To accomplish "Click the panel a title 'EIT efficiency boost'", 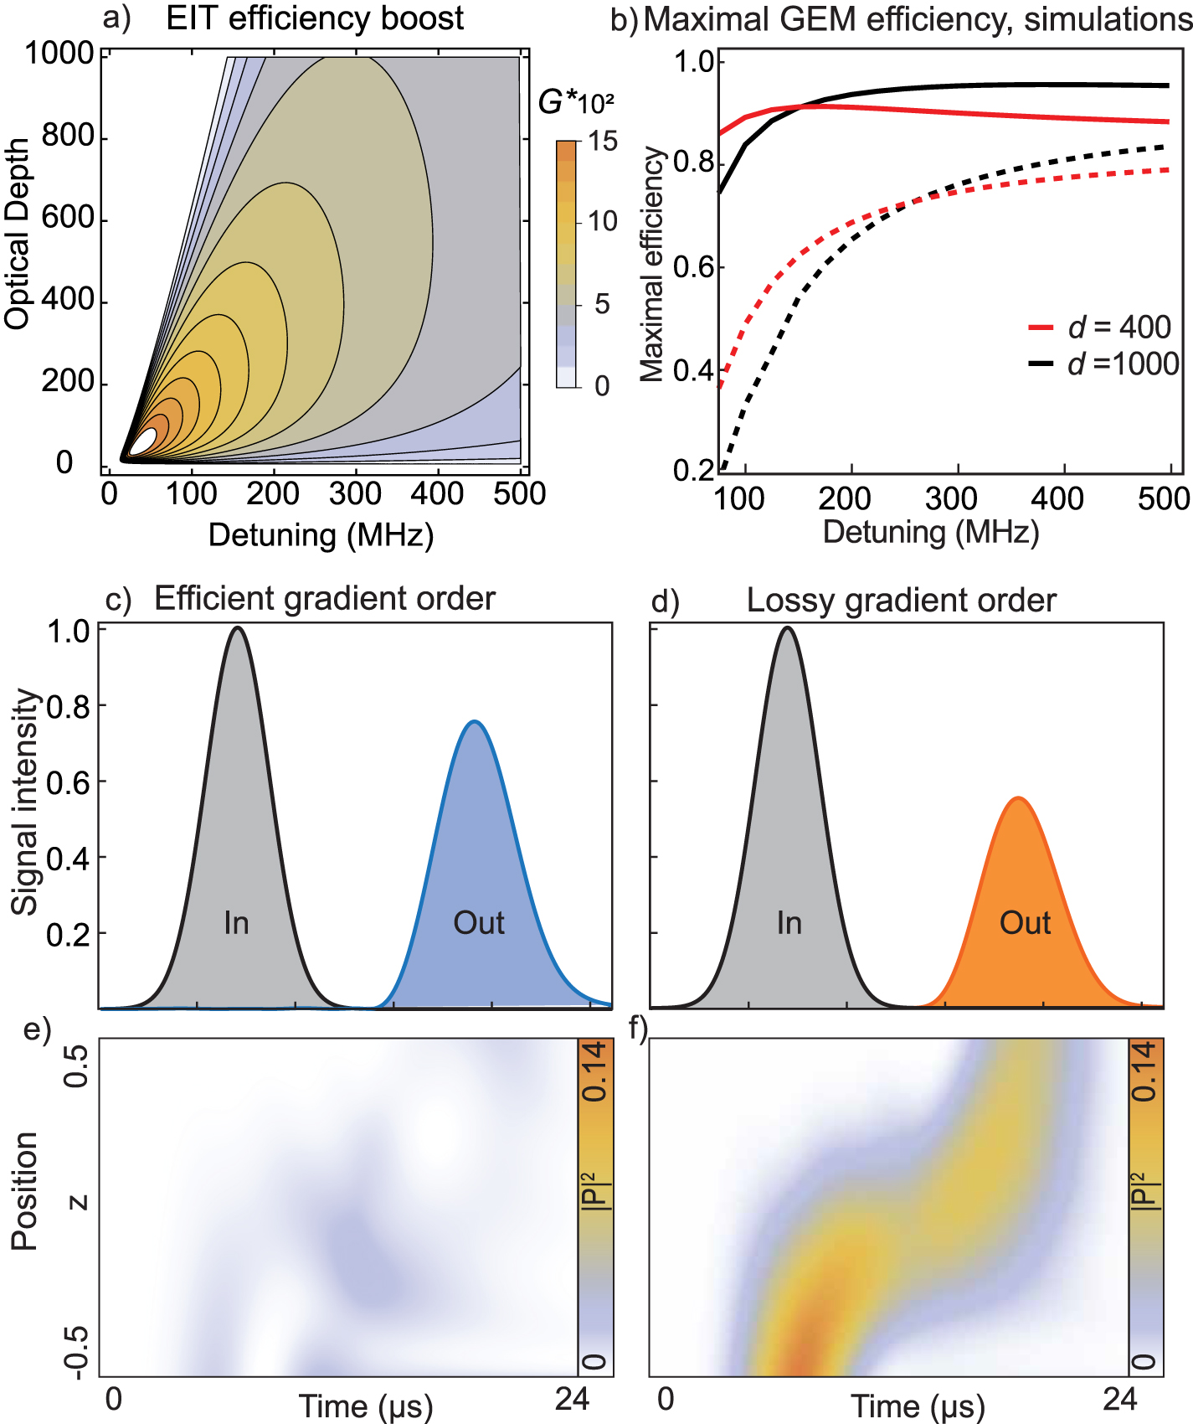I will point(314,18).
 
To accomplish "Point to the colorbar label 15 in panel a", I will point(602,141).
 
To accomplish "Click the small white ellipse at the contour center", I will point(144,441).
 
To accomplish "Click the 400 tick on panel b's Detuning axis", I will point(1056,498).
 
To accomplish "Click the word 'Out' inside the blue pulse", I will point(478,923).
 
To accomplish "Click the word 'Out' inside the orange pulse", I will point(1025,923).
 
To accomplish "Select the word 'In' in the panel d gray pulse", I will point(789,923).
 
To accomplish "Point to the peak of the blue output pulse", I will point(474,721).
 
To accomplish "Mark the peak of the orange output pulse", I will point(1018,798).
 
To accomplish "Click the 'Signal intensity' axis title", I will point(25,802).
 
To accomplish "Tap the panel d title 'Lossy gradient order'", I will point(901,601).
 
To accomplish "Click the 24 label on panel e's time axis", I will point(572,1399).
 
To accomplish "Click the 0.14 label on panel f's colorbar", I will point(1146,1071).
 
